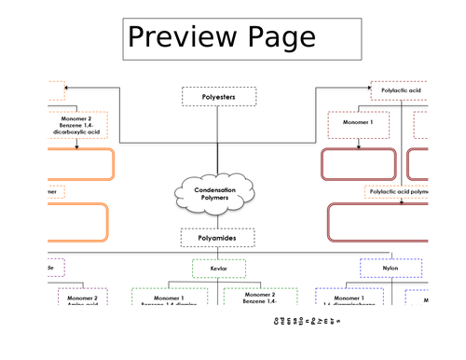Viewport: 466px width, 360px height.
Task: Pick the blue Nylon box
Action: coord(390,269)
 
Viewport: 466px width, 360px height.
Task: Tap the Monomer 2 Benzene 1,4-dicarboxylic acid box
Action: coord(78,125)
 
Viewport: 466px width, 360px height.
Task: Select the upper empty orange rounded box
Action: coord(80,164)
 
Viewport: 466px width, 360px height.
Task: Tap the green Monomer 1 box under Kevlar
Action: coord(181,298)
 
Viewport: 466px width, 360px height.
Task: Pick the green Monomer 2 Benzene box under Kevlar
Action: coord(260,298)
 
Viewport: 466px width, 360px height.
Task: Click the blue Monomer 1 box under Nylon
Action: coord(349,298)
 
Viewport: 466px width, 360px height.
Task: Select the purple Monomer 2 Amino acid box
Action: coord(83,298)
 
